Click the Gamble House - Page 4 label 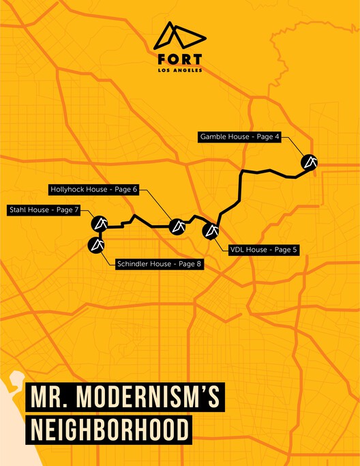click(240, 136)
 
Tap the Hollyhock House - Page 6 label click(93, 189)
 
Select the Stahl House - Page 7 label click(44, 209)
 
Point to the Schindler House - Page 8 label click(160, 263)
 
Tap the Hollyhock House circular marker click(177, 224)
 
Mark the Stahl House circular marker click(100, 222)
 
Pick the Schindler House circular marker click(95, 244)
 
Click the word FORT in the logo click(179, 58)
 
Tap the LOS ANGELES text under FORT click(179, 70)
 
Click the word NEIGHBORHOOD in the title click(108, 431)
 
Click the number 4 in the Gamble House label click(277, 136)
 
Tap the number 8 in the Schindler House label click(198, 263)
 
